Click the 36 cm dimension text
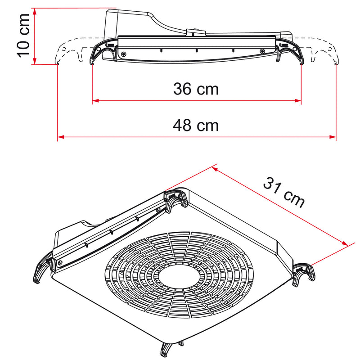[x=196, y=89]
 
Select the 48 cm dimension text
[x=196, y=125]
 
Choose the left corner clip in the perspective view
[x=41, y=270]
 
